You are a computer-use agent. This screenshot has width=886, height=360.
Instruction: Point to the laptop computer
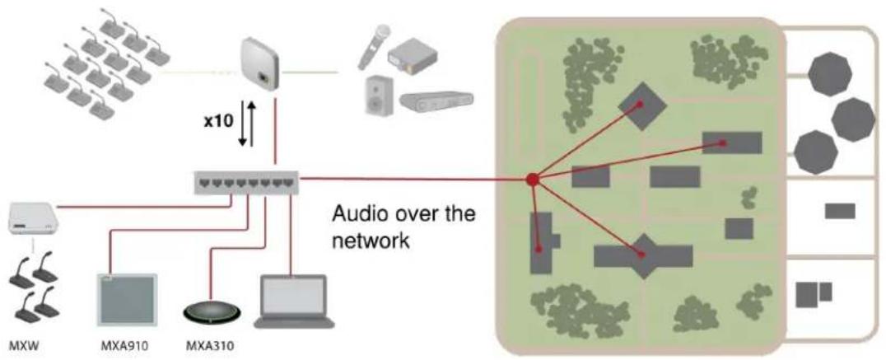293,302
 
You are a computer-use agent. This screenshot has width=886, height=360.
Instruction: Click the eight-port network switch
246,182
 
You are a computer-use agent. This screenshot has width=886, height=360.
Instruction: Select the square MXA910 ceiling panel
127,300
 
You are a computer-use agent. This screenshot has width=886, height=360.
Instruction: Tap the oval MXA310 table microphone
212,311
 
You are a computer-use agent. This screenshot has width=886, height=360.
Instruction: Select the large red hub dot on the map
532,180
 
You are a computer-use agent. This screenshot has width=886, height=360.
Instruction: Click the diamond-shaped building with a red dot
642,105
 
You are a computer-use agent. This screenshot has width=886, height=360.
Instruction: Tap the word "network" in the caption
370,241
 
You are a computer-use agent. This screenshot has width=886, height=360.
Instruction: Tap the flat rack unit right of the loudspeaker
436,101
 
